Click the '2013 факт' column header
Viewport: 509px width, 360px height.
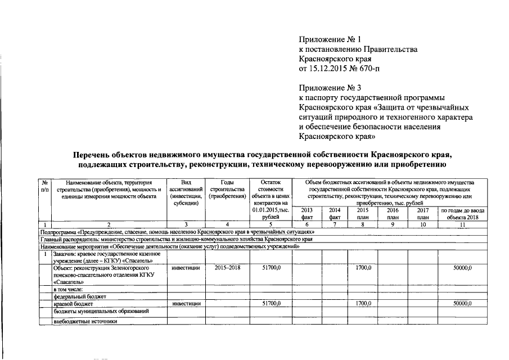click(x=307, y=213)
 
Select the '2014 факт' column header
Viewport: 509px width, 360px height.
click(x=335, y=213)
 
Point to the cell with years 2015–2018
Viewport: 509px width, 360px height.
click(x=228, y=268)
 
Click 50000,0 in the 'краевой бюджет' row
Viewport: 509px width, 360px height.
click(x=462, y=303)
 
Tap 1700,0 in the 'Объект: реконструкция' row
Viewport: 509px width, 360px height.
click(x=363, y=268)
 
